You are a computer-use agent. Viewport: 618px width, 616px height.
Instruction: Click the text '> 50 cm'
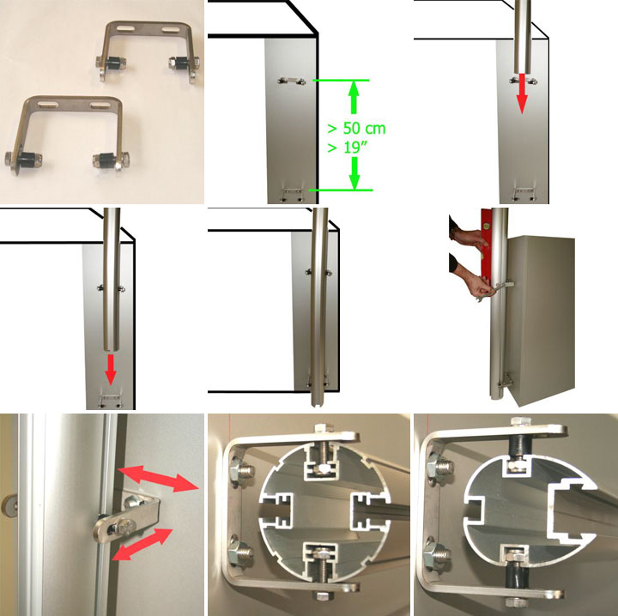click(x=356, y=129)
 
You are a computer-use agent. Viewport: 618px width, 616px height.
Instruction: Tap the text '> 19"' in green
click(x=348, y=148)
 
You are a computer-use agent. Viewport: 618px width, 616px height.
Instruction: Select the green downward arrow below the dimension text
click(x=354, y=173)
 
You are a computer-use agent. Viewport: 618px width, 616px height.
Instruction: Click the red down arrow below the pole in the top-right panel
click(x=522, y=94)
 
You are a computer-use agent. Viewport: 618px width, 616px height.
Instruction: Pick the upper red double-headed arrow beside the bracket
click(x=158, y=478)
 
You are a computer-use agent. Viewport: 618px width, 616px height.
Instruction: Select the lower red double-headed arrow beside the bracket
click(x=142, y=544)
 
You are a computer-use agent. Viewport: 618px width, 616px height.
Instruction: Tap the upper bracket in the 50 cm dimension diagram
click(x=292, y=82)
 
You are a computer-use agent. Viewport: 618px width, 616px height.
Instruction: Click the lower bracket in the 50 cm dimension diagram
click(x=292, y=194)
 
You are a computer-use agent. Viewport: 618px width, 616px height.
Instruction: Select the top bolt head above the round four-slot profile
click(x=324, y=428)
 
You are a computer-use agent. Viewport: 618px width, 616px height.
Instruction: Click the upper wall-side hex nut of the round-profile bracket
click(x=244, y=469)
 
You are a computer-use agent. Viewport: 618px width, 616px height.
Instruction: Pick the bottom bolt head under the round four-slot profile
click(x=322, y=595)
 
